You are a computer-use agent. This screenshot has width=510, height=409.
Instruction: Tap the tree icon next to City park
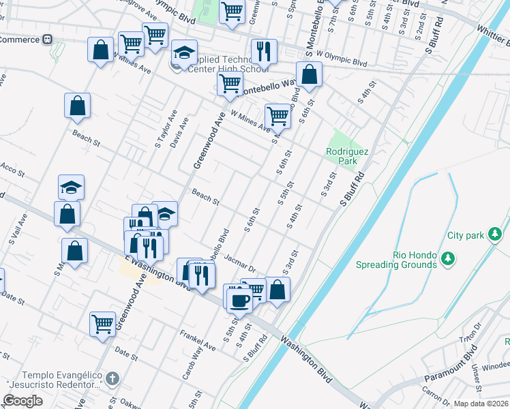pyautogui.click(x=495, y=235)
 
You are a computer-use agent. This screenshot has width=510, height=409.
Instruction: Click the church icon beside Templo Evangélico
pyautogui.click(x=113, y=377)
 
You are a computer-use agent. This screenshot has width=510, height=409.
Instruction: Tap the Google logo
pyautogui.click(x=22, y=401)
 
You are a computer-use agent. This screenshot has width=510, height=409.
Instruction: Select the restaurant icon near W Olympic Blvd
pyautogui.click(x=262, y=51)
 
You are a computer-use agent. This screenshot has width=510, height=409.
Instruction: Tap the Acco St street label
pyautogui.click(x=12, y=168)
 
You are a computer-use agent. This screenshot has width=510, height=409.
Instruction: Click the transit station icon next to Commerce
pyautogui.click(x=48, y=40)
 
